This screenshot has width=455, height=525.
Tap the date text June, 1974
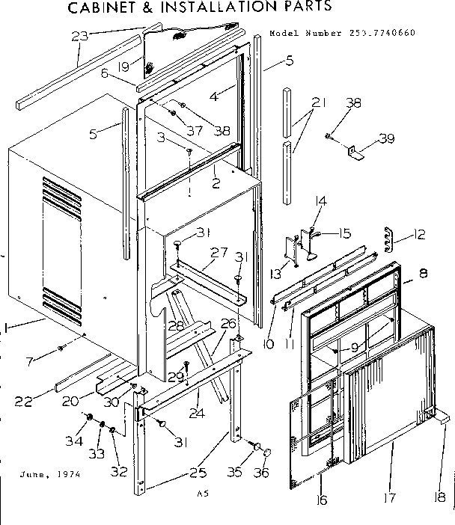point(51,474)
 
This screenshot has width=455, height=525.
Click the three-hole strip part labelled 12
point(388,237)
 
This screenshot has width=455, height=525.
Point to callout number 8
point(424,274)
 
